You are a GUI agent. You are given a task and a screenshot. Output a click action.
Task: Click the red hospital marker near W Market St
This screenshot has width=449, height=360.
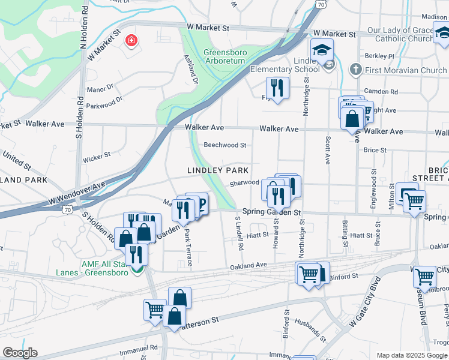130,41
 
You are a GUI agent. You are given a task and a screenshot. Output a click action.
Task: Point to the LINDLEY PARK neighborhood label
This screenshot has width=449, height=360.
217,170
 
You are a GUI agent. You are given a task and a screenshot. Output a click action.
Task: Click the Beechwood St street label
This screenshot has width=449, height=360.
225,145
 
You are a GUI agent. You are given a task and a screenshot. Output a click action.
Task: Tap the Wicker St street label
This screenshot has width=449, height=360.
97,158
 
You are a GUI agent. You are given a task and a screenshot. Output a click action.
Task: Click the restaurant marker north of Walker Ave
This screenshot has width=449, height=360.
277,88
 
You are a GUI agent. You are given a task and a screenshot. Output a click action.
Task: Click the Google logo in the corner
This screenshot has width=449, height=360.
20,352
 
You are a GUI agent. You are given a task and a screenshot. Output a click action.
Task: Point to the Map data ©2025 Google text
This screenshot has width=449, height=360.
411,355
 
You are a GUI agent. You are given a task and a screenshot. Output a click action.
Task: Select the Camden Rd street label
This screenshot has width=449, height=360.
385,92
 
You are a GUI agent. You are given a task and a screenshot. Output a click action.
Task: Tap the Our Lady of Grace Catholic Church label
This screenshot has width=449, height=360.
400,34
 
